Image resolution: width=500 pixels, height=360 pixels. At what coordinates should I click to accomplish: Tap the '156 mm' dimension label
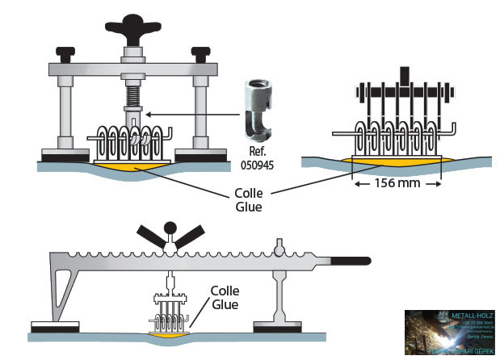pyautogui.click(x=398, y=184)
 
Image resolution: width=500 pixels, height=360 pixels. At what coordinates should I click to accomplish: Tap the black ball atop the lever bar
pyautogui.click(x=170, y=228)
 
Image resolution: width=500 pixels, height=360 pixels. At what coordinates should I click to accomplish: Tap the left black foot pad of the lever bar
pyautogui.click(x=54, y=327)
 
